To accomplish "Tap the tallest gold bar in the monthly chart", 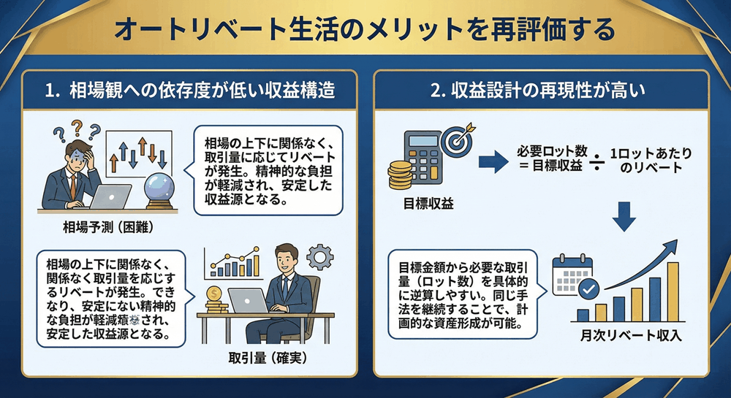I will [x=673, y=291].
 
